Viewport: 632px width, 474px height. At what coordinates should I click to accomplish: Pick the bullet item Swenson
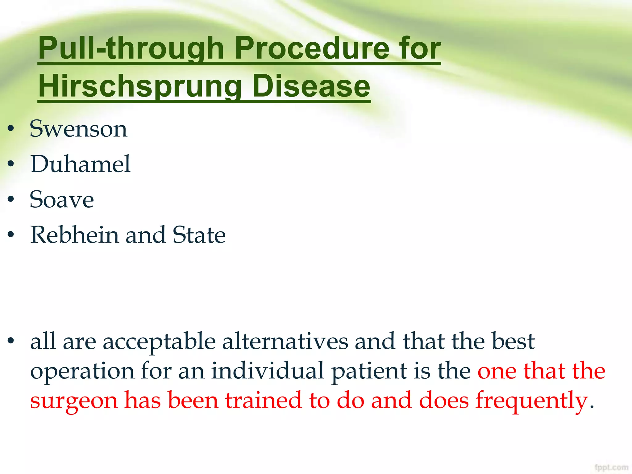(78, 129)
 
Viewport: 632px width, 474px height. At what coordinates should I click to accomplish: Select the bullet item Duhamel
(81, 164)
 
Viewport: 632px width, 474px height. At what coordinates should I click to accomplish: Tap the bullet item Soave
(62, 200)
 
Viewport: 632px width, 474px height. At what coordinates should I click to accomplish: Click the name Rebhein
(74, 235)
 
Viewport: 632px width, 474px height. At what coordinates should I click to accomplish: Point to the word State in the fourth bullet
(199, 235)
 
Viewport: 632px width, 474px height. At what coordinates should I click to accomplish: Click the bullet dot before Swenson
(11, 129)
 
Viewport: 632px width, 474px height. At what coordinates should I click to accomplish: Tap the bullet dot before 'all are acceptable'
(11, 341)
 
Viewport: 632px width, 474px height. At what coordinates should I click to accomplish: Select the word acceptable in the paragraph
(159, 342)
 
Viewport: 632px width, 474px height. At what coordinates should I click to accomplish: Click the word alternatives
(285, 341)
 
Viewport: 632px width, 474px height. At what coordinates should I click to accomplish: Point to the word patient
(369, 371)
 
